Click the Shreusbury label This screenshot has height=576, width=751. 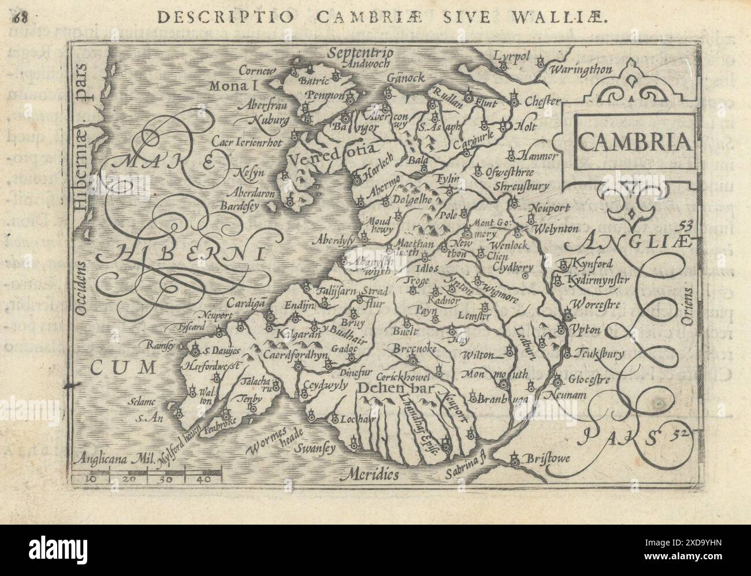pyautogui.click(x=522, y=186)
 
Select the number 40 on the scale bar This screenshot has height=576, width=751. pyautogui.click(x=199, y=478)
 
